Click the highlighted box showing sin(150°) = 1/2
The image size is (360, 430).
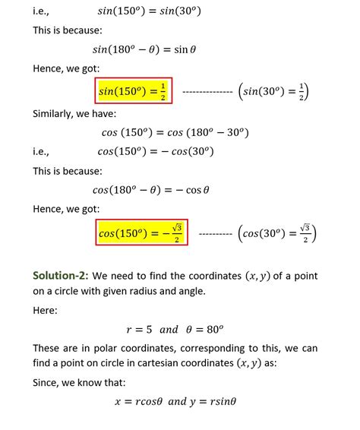pos(134,92)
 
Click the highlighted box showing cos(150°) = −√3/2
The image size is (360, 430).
pos(142,232)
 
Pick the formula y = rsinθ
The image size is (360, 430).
pos(219,401)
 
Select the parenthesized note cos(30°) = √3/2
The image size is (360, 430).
pos(277,232)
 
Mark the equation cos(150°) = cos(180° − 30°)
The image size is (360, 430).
pos(175,132)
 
